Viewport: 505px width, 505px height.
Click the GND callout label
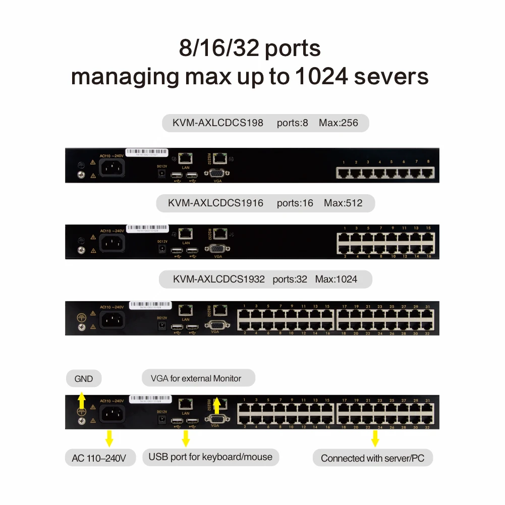[x=83, y=378]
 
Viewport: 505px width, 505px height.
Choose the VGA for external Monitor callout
[x=196, y=378]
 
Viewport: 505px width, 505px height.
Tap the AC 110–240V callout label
[x=100, y=458]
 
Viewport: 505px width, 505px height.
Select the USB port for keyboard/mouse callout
[x=210, y=457]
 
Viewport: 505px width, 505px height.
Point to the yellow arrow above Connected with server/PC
[x=375, y=438]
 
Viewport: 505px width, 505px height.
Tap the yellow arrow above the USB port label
[x=186, y=438]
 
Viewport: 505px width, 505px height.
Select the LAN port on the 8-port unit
[x=186, y=158]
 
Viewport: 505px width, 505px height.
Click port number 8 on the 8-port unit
[x=428, y=173]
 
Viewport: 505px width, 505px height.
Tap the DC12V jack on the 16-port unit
[x=162, y=248]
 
